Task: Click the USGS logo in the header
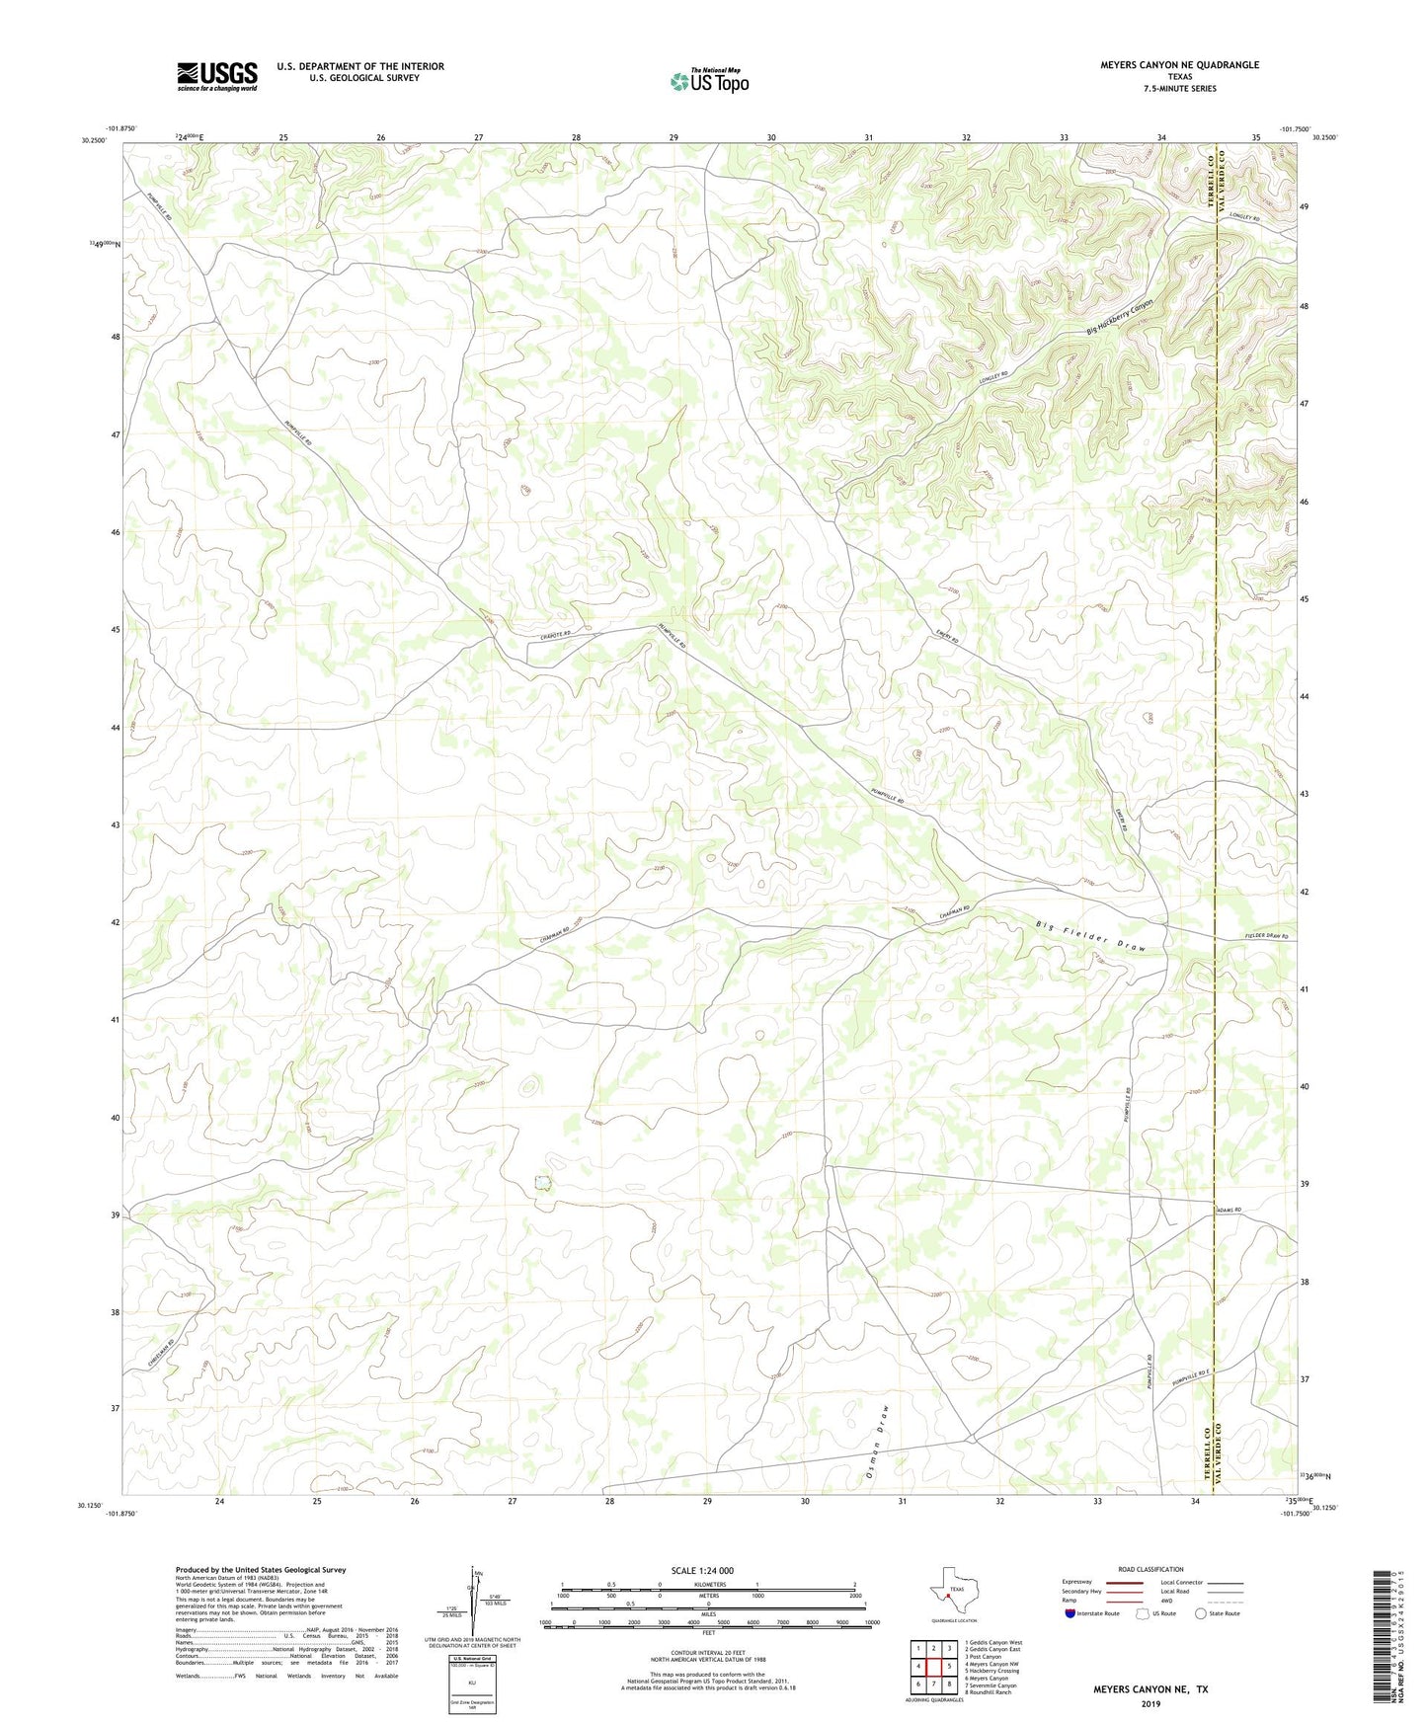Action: pyautogui.click(x=216, y=76)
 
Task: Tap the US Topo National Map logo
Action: pyautogui.click(x=709, y=81)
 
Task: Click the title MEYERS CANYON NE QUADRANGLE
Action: pyautogui.click(x=1179, y=65)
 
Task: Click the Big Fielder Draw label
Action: pyautogui.click(x=1090, y=937)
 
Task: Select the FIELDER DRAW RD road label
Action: pyautogui.click(x=1266, y=936)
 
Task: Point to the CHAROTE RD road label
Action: pyautogui.click(x=554, y=637)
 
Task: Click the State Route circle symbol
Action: pyautogui.click(x=1201, y=1613)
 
